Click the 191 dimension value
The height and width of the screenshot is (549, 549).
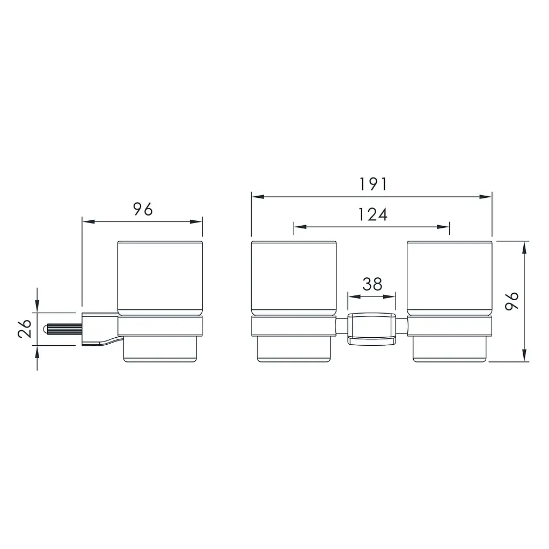372,184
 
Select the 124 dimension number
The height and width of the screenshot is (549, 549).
372,214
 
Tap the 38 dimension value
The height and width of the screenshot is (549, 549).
372,284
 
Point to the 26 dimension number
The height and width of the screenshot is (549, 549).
25,329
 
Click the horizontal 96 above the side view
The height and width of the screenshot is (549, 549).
143,209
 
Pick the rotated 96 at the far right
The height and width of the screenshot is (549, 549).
511,301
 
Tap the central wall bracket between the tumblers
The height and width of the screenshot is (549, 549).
371,329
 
